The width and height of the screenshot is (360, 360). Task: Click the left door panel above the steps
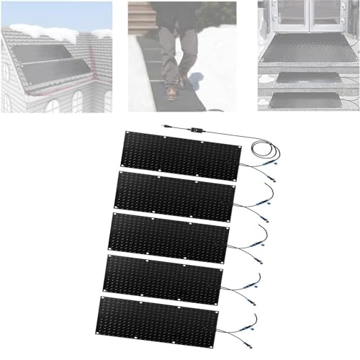[284, 15]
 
